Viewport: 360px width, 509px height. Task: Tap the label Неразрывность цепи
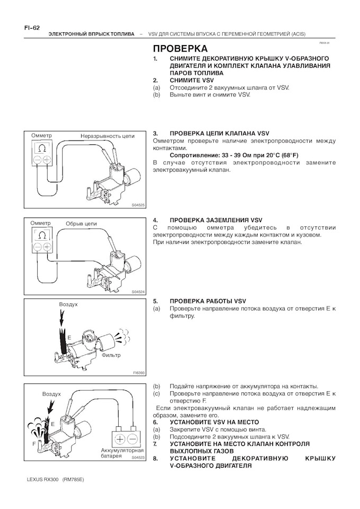107,136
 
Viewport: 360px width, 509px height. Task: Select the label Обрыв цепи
81,224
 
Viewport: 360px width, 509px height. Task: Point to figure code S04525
138,204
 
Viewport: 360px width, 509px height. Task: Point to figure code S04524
138,292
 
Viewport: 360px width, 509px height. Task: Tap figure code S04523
138,457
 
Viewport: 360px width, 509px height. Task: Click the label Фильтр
111,355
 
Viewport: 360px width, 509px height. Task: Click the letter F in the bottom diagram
34,442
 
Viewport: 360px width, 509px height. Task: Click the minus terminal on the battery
133,439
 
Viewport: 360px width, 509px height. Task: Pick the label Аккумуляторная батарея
122,453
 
